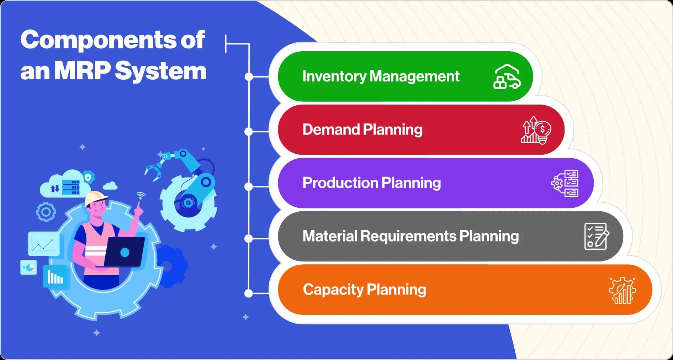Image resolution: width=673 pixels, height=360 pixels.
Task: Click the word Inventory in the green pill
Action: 334,76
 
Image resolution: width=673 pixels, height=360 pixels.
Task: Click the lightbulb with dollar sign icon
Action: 536,130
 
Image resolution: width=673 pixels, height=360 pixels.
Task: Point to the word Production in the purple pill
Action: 340,183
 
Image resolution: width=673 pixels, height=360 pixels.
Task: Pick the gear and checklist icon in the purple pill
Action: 565,183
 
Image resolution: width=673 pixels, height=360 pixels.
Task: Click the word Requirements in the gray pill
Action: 408,236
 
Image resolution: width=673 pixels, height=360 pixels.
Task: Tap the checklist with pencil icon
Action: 597,236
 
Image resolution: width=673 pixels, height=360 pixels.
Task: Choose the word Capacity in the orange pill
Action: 333,290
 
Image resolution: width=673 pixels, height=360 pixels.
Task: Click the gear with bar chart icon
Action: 622,290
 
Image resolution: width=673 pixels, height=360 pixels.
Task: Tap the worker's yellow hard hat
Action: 96,198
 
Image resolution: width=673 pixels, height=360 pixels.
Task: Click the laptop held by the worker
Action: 124,252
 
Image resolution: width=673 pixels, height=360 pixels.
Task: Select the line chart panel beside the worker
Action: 44,244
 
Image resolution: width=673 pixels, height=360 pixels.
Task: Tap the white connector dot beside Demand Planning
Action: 249,132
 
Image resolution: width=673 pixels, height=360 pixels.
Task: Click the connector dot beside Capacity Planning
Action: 249,293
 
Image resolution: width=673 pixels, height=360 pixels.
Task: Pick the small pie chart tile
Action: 28,268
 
